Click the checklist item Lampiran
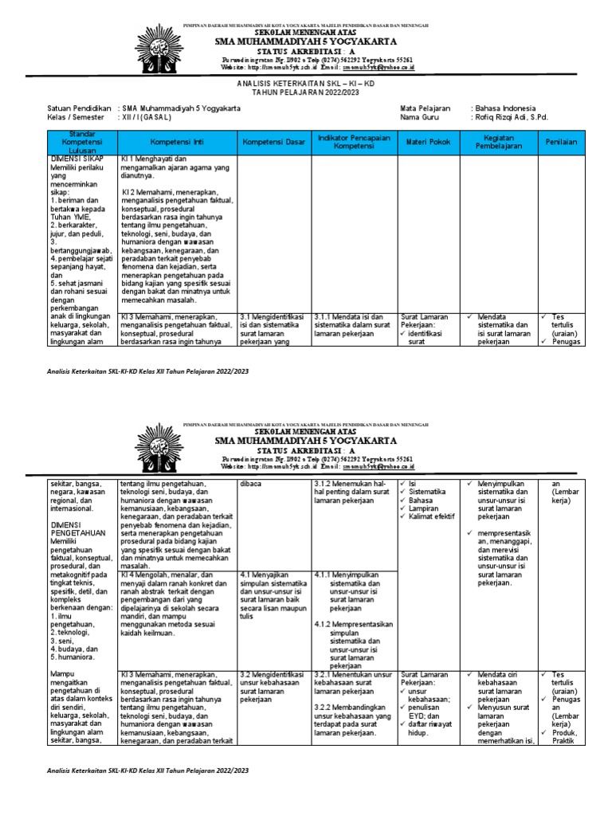click(425, 506)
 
